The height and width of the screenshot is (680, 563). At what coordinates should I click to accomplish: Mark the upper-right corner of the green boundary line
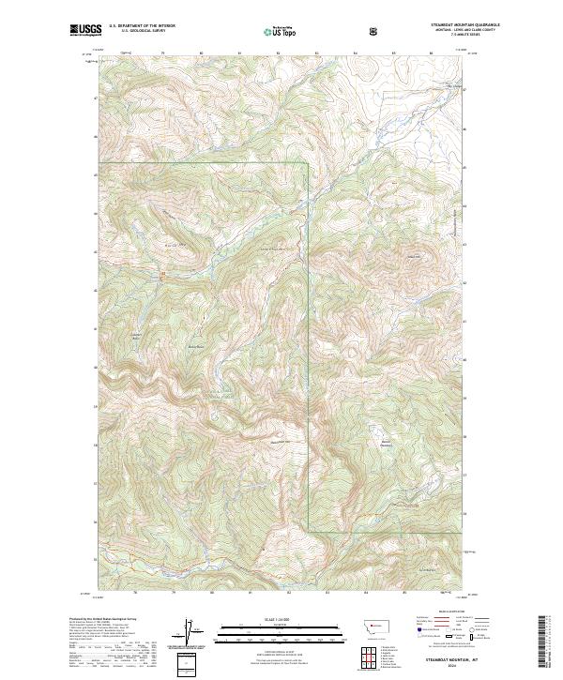coord(310,163)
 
